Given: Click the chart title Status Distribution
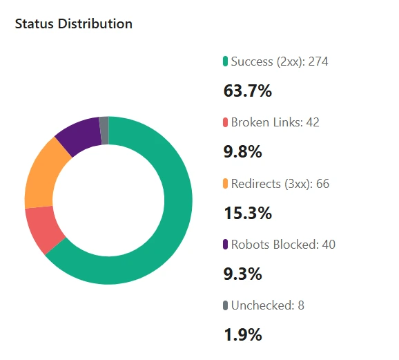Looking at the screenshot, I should point(73,23).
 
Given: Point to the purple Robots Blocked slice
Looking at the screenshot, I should point(78,135).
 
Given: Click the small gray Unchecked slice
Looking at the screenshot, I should point(104,131).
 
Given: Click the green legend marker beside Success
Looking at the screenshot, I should point(225,62).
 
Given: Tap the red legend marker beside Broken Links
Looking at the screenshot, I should point(225,123).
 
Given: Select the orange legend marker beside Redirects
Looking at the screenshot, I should point(225,184).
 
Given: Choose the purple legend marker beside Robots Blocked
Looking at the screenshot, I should point(225,245).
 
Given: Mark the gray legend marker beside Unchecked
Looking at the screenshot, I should point(225,305).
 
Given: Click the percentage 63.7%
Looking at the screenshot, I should point(248,91).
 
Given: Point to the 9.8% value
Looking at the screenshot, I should point(243,152).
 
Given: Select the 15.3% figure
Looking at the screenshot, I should point(248,213).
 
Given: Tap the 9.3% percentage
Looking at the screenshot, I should point(243,274).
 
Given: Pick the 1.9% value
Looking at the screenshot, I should point(243,335).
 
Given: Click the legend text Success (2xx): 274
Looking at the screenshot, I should point(280,61).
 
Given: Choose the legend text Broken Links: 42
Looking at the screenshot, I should point(275,122).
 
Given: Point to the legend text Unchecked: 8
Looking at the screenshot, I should point(268,305).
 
